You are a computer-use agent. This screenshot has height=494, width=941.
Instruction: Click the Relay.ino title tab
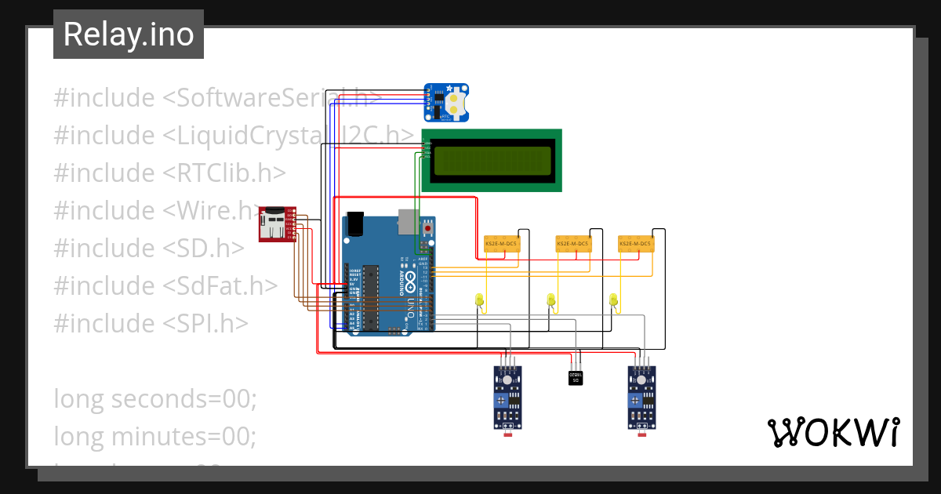click(129, 35)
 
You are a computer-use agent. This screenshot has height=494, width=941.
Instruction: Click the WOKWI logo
click(832, 432)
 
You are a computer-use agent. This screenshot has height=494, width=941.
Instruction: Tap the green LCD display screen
click(492, 160)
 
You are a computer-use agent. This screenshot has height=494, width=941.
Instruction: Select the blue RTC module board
click(446, 103)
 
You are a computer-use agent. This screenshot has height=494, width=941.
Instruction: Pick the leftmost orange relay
click(501, 244)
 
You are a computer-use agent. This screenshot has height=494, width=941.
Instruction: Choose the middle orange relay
click(572, 244)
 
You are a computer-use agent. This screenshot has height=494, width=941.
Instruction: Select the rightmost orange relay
click(635, 244)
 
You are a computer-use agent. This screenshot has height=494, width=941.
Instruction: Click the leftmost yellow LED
click(479, 300)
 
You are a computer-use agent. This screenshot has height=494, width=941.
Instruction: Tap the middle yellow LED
click(550, 300)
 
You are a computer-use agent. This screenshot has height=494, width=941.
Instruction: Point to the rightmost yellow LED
click(613, 300)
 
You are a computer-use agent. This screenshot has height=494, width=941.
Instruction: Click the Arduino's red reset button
click(427, 229)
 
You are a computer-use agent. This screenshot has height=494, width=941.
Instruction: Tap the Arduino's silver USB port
click(408, 221)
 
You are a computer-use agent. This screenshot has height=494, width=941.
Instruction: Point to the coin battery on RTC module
click(456, 100)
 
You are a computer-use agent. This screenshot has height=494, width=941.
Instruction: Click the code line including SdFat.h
click(165, 286)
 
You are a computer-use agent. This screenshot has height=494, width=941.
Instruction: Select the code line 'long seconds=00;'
click(155, 398)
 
